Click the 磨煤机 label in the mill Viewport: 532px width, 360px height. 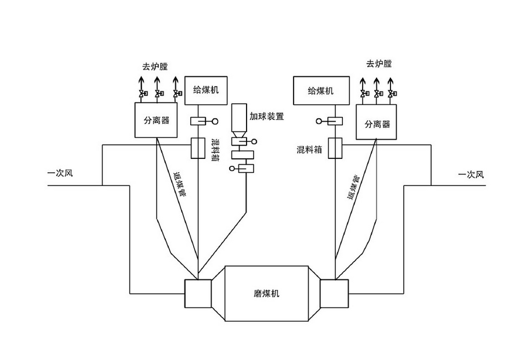(x=266, y=294)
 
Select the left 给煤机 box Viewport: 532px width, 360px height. (x=206, y=90)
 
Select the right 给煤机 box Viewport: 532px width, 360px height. (x=321, y=90)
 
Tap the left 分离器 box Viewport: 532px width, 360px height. (x=156, y=121)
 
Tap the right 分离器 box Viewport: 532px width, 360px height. (x=377, y=122)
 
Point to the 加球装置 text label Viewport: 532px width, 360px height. (x=267, y=116)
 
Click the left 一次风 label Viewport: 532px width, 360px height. (x=60, y=173)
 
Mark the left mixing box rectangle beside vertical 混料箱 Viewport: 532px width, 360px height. (x=199, y=148)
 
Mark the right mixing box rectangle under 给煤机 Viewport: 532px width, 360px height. (x=335, y=148)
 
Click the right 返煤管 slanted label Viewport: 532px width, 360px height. (x=353, y=186)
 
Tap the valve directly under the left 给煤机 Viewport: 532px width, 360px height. (x=199, y=121)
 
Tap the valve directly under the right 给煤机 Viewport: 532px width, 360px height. (x=335, y=121)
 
